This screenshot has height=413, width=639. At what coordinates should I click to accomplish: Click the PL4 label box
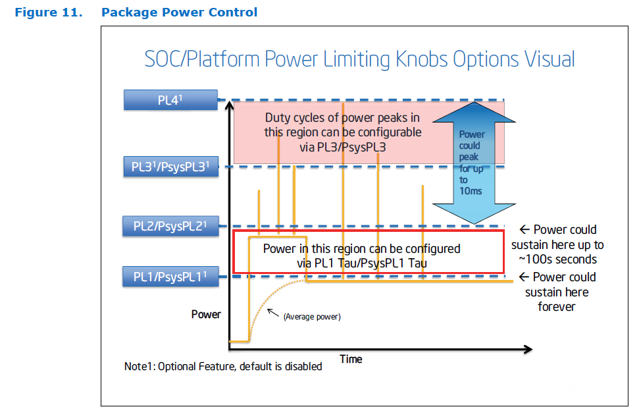pyautogui.click(x=170, y=100)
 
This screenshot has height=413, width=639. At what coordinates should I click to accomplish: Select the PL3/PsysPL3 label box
pyautogui.click(x=170, y=167)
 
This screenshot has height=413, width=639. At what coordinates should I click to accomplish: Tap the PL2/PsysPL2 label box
pyautogui.click(x=170, y=227)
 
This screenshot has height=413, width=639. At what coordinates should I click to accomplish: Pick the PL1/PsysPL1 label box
pyautogui.click(x=170, y=277)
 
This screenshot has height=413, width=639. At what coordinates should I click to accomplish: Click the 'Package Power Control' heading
pyautogui.click(x=180, y=13)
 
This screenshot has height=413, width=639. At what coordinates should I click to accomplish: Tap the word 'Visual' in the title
pyautogui.click(x=549, y=59)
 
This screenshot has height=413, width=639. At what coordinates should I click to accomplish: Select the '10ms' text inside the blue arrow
pyautogui.click(x=472, y=190)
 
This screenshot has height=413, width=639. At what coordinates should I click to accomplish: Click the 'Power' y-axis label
pyautogui.click(x=206, y=314)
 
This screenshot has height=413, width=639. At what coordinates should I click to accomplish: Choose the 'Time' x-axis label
pyautogui.click(x=351, y=359)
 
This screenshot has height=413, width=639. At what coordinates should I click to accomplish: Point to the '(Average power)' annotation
pyautogui.click(x=312, y=317)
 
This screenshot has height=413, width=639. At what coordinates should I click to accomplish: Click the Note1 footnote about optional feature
pyautogui.click(x=223, y=366)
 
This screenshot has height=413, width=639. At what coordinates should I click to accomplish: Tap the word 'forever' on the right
pyautogui.click(x=557, y=307)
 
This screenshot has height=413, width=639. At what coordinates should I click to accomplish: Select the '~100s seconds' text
pyautogui.click(x=558, y=260)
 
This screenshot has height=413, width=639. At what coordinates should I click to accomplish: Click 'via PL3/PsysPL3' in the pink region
pyautogui.click(x=342, y=147)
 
